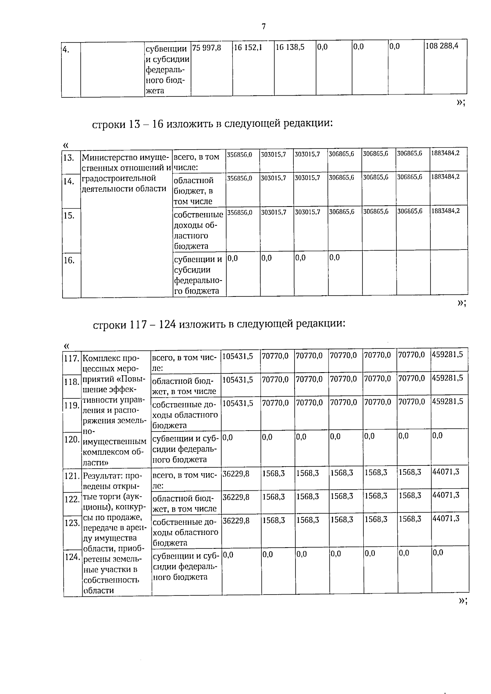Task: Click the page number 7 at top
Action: tap(264, 27)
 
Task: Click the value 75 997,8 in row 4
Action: tap(207, 47)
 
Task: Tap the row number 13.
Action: tap(69, 158)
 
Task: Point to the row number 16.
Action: tap(69, 260)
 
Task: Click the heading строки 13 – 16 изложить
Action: tap(212, 124)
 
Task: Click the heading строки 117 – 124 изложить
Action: tap(219, 324)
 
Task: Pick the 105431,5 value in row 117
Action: tap(238, 356)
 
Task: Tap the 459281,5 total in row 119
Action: tap(448, 402)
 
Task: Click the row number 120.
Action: tap(72, 440)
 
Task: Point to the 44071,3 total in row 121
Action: tap(446, 472)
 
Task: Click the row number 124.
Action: tap(72, 557)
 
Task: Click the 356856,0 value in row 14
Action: tap(240, 178)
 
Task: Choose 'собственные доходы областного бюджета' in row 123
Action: tap(185, 532)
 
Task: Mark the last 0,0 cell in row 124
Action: tap(438, 553)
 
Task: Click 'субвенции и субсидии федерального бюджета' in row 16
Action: tap(198, 275)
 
